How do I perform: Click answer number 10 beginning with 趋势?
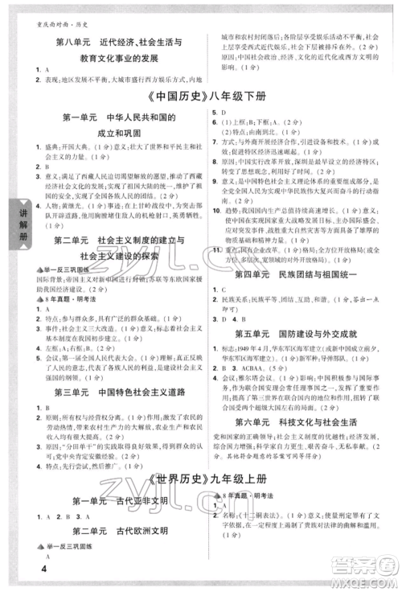click(215, 209)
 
